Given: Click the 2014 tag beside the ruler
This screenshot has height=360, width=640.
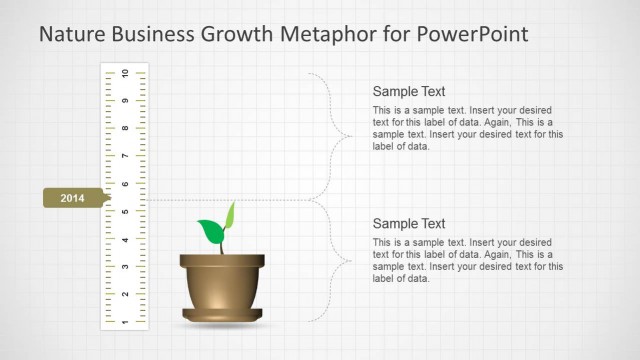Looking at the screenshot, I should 73,198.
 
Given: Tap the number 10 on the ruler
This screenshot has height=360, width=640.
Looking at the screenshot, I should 124,74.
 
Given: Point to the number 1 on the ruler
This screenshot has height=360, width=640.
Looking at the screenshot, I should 124,321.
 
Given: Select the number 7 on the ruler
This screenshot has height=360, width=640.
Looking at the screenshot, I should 124,156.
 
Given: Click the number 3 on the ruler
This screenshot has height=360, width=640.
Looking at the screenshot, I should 124,266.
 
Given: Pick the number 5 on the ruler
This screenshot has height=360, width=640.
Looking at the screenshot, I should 124,211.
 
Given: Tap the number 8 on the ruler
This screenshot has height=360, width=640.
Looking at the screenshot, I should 124,129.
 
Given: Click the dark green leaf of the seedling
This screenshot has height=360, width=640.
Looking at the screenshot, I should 211,232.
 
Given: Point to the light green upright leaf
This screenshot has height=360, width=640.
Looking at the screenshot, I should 229,216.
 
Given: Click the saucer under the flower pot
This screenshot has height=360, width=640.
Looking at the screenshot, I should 222,316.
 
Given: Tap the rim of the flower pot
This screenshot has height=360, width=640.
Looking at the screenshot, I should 222,261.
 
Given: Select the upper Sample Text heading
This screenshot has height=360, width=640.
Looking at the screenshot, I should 409,91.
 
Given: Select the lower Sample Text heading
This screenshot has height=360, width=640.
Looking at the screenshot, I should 409,224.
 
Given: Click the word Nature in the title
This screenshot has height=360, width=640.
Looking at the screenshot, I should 70,35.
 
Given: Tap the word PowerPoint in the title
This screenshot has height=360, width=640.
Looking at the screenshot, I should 473,35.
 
